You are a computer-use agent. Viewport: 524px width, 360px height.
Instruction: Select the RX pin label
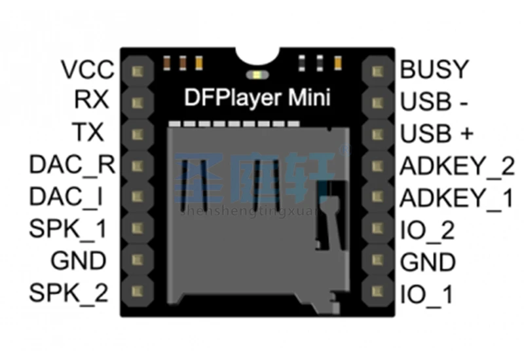(x=91, y=100)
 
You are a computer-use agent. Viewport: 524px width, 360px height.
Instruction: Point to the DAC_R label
(x=71, y=165)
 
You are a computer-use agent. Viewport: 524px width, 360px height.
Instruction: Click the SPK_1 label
(x=68, y=229)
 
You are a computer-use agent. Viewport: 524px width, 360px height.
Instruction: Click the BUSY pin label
(x=435, y=69)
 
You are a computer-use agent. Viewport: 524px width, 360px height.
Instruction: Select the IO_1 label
(x=426, y=295)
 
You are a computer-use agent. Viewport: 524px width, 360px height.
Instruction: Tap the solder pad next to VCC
(x=138, y=70)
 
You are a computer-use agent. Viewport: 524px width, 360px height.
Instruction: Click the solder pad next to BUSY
(x=376, y=70)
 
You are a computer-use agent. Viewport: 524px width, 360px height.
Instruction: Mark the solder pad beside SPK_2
(x=138, y=292)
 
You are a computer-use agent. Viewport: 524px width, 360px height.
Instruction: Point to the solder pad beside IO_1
(x=376, y=292)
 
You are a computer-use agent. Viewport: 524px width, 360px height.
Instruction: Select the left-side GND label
(x=79, y=261)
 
